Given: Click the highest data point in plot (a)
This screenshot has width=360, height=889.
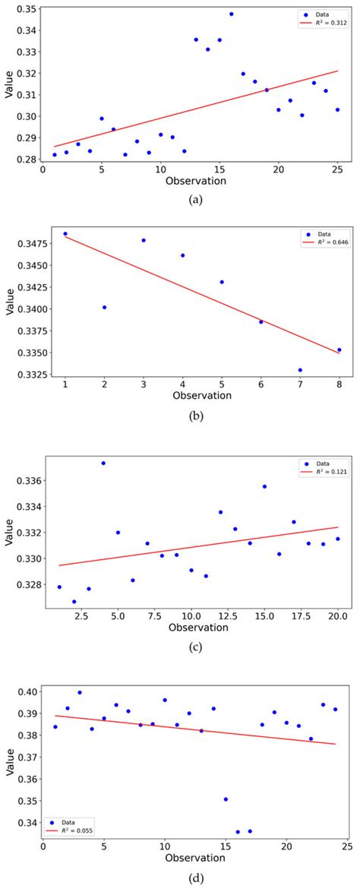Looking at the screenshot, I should (x=231, y=14).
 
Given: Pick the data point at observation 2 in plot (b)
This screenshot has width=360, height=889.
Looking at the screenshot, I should (x=104, y=307).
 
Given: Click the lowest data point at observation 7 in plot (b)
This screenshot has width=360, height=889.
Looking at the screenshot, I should (x=300, y=370).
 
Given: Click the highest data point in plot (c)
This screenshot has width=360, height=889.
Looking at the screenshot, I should (x=103, y=463).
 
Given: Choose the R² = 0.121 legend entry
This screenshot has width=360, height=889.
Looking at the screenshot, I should (x=324, y=471).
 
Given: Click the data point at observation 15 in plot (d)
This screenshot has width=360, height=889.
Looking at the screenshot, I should (x=226, y=799).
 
